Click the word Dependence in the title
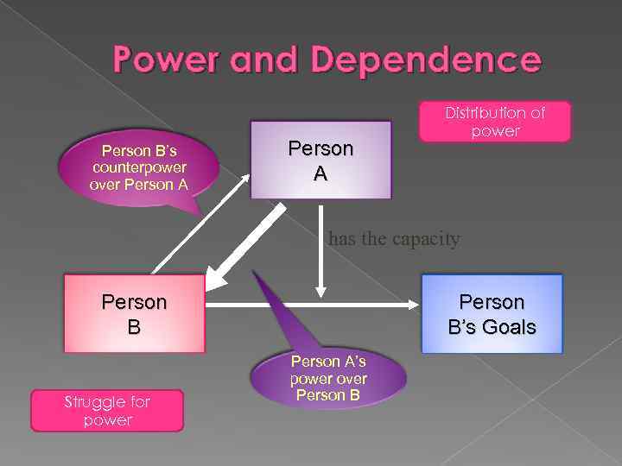point(427,60)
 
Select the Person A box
point(321,160)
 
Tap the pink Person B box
point(134,314)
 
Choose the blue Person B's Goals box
point(492,314)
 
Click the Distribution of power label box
point(495,122)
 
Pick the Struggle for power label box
point(107,411)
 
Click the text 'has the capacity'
point(394,239)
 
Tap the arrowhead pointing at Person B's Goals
point(414,305)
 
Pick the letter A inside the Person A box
point(321,173)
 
